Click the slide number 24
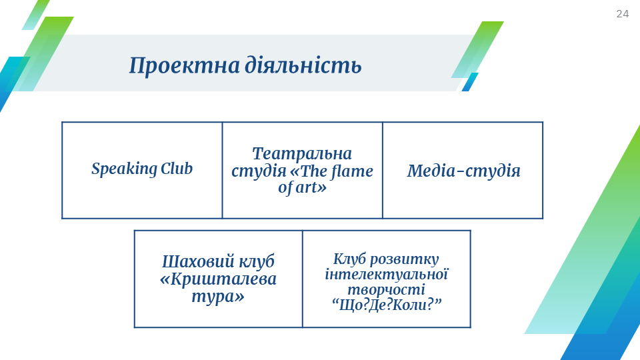[623, 14]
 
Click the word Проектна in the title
[185, 66]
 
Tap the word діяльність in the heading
[303, 65]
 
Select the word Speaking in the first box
[124, 169]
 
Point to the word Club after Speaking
[176, 168]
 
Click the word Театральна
[302, 154]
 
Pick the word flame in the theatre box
[353, 171]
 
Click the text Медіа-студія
[464, 171]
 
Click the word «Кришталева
[218, 279]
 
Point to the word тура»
[218, 297]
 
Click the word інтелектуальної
[387, 274]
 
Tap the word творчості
[386, 290]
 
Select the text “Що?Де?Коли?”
[387, 305]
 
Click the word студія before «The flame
[259, 171]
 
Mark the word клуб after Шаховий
[256, 261]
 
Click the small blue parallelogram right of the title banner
[470, 82]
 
